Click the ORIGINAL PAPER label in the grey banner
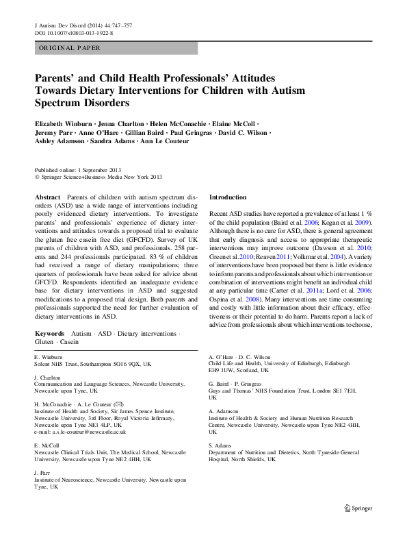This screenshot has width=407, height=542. (x=69, y=48)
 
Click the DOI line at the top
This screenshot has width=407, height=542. (x=73, y=32)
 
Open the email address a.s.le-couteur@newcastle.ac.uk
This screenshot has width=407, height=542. (x=88, y=432)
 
